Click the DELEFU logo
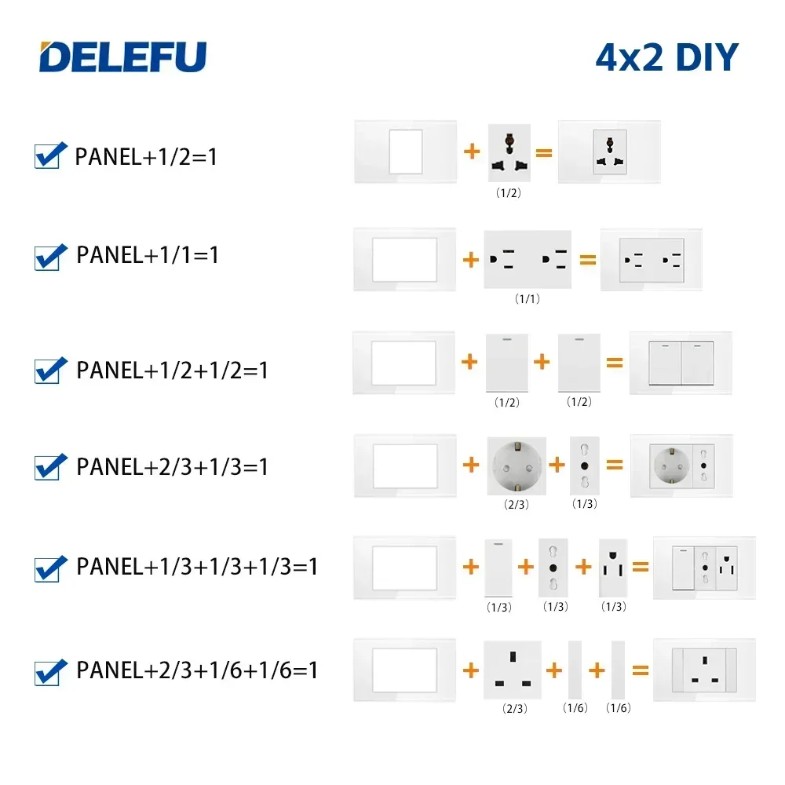point(123,57)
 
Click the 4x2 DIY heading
point(666,57)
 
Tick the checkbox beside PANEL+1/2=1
point(48,155)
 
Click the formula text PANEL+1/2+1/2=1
point(172,370)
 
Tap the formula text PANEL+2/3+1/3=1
point(172,466)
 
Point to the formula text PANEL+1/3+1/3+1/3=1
point(197,566)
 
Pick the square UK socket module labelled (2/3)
point(513,670)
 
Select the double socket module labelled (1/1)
point(528,260)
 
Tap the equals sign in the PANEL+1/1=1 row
point(587,260)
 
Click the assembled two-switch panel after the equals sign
point(681,363)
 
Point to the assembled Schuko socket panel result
point(681,466)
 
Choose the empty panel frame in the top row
point(404,152)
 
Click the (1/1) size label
point(526,299)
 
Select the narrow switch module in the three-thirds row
point(498,568)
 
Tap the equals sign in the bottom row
point(641,670)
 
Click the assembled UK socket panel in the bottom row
point(703,670)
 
